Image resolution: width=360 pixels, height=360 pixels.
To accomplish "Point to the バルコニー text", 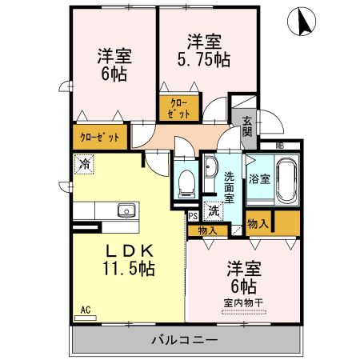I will coord(185,340).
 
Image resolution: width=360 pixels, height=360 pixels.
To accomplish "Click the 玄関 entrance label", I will coord(247,126).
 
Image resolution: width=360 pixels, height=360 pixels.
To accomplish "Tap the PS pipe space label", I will coord(192,215).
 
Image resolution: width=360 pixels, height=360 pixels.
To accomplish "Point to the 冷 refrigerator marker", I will coord(84,164).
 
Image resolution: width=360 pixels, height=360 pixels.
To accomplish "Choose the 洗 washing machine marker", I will coord(213,211).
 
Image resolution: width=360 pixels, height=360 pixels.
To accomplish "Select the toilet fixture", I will coord(186,182).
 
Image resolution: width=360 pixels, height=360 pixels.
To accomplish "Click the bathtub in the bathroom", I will coord(286,181).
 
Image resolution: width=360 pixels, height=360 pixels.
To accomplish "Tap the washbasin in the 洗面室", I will coord(210,170).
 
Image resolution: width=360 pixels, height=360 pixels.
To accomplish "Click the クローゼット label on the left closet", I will coord(100,137).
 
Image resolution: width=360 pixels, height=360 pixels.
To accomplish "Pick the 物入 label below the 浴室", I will coord(257,224).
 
